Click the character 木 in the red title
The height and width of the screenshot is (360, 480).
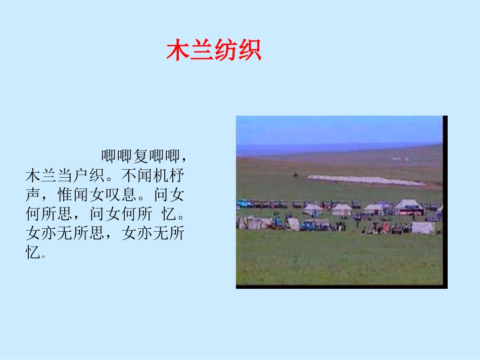[x=178, y=50]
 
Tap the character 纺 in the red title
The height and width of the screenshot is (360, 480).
[x=225, y=50]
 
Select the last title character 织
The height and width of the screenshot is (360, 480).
[x=249, y=50]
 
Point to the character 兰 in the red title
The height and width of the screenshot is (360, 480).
[x=202, y=50]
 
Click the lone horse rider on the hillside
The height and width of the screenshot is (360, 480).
[x=295, y=175]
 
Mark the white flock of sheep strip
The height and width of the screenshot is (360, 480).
[x=366, y=180]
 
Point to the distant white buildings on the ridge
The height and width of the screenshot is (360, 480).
[x=400, y=159]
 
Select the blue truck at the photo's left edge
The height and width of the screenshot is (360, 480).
[x=245, y=203]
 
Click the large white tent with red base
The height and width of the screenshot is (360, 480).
[x=408, y=207]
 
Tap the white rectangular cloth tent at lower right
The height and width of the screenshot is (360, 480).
[x=422, y=228]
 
